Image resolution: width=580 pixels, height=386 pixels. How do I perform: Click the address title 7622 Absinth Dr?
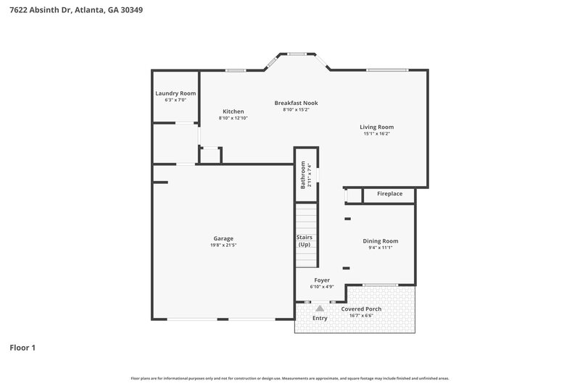pos(70,10)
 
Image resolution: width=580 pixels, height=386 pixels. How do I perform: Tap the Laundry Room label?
pos(175,93)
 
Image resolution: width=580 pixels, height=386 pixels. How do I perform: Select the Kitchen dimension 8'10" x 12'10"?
pos(233,118)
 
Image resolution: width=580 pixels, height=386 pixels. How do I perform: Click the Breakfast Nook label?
pos(296,103)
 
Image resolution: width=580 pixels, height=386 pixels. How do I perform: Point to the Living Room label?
pos(376,127)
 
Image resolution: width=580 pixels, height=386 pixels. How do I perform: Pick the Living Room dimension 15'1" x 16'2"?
pos(376,133)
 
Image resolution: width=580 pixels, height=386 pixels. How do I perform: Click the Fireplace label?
pos(389,194)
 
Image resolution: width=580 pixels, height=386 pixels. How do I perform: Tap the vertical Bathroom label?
pos(303,175)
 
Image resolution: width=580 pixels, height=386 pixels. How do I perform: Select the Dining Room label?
pos(380,241)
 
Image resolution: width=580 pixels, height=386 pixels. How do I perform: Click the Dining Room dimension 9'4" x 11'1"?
pos(380,248)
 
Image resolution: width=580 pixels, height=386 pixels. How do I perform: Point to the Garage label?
pos(223,238)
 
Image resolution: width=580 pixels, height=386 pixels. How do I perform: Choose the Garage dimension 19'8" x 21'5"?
pos(223,245)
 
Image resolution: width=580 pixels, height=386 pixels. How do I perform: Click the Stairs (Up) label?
pos(304,240)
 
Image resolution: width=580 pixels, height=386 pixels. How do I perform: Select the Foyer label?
pos(322,280)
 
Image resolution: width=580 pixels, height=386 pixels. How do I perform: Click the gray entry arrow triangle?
pos(320,308)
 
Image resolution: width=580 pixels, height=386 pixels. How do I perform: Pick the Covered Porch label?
pos(361,309)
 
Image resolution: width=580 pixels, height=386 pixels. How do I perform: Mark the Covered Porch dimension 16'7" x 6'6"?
pos(361,315)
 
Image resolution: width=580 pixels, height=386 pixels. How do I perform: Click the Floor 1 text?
pos(22,348)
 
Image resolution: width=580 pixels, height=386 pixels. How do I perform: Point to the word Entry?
pos(320,318)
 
